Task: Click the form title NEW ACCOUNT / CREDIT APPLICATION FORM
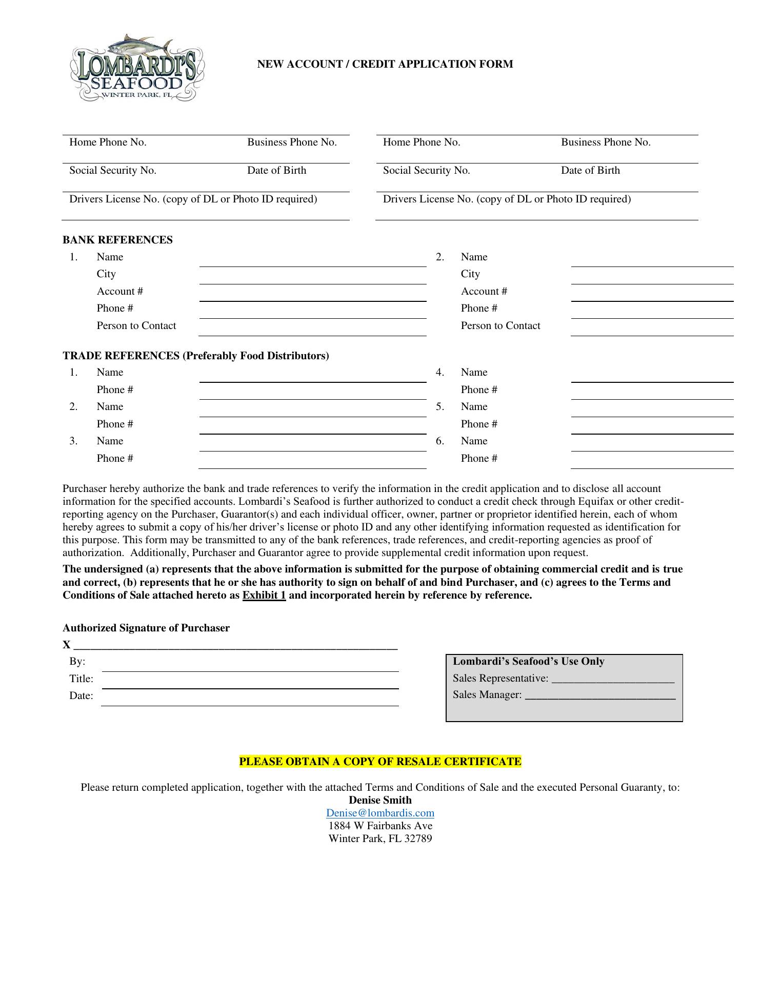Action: point(385,64)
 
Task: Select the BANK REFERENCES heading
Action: point(117,240)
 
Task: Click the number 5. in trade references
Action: point(440,407)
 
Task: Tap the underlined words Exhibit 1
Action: point(264,596)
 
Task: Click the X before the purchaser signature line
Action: point(67,645)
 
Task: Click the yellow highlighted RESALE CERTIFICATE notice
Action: point(380,762)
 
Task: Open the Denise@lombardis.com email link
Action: point(380,813)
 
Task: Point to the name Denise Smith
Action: point(380,800)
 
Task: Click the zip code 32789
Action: point(418,838)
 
